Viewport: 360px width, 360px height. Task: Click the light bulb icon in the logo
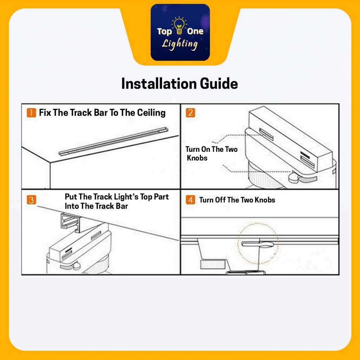tap(179, 26)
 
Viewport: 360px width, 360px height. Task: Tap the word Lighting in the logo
tap(180, 44)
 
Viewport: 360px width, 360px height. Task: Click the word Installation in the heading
tap(159, 83)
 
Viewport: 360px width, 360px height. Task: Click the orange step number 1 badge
tap(31, 113)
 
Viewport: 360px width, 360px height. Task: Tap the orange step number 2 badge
tap(190, 113)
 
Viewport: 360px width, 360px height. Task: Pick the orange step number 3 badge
tap(31, 200)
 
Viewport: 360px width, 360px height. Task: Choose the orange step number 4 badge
tap(190, 200)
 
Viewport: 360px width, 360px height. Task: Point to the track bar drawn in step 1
tap(114, 141)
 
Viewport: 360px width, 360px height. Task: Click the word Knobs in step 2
tap(197, 158)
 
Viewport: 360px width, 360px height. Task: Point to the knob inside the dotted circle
tap(257, 244)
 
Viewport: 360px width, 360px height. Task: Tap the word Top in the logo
tap(165, 32)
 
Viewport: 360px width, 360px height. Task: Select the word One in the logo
tap(195, 31)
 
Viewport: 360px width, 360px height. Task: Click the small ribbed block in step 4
tap(213, 264)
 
